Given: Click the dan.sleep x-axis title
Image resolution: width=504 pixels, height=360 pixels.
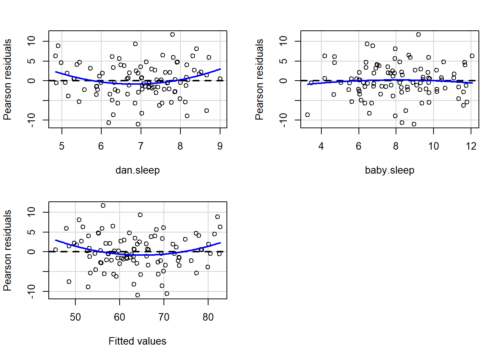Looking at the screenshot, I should [137, 170].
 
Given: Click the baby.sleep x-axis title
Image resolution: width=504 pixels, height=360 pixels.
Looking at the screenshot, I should [389, 170].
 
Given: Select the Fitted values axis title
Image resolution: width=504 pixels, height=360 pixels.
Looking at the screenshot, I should [137, 341].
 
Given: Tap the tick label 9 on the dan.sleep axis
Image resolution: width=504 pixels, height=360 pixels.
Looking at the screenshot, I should [220, 146].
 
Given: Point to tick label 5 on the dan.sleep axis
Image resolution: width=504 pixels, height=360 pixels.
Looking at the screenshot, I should [61, 146].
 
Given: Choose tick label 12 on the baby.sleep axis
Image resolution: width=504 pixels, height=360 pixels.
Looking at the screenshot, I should [471, 146].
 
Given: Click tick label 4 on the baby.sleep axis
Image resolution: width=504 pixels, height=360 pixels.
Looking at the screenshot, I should [321, 146].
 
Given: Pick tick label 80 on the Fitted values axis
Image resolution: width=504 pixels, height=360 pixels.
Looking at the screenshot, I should [208, 317].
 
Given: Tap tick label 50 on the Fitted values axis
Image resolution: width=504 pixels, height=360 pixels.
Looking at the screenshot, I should [75, 317].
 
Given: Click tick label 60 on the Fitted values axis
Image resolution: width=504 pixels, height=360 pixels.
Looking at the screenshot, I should [120, 317].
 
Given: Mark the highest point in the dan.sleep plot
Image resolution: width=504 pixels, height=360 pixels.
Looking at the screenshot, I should [172, 34].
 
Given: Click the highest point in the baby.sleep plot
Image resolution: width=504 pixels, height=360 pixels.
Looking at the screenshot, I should [418, 34].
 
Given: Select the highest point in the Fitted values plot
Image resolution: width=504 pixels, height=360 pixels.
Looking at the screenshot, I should [103, 205].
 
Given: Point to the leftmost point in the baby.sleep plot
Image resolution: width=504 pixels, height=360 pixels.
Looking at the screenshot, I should [307, 115].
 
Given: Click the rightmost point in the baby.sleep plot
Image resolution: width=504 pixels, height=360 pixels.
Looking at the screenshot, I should [472, 56].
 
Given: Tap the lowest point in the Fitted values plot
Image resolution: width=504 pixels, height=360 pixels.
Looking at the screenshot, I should [138, 295].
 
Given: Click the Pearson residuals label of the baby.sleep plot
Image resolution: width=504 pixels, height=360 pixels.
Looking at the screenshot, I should [259, 79].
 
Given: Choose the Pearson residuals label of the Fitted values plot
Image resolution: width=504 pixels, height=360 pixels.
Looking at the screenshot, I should [7, 250].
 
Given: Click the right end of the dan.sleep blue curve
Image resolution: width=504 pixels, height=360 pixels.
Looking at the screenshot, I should [220, 69].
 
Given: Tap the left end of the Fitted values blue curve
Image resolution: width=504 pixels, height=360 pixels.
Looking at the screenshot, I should [55, 240].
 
